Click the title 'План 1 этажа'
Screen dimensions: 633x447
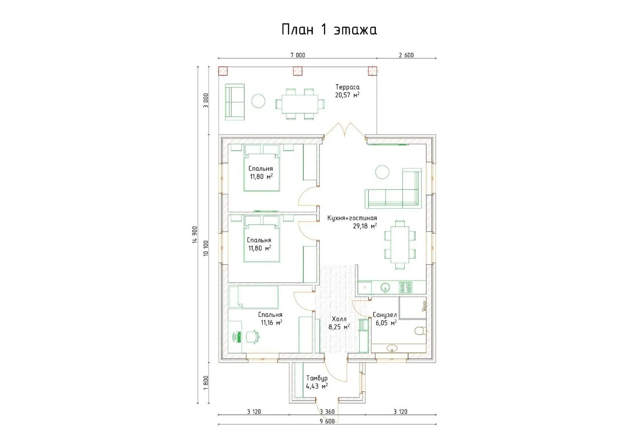[x=329, y=30]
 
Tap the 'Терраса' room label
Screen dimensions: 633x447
[x=347, y=87]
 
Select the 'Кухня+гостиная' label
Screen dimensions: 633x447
[x=352, y=218]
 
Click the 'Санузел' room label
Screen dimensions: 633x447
[x=384, y=315]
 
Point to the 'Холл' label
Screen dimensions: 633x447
[x=339, y=319]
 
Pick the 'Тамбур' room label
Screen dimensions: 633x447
[x=317, y=378]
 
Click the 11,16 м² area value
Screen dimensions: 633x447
[x=272, y=322]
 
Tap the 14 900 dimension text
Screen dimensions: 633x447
[x=195, y=235]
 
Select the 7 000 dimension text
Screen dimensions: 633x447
[x=298, y=55]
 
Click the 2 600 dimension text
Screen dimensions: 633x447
[x=406, y=55]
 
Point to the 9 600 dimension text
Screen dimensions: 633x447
[x=327, y=421]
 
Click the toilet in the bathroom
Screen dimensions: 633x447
[x=421, y=330]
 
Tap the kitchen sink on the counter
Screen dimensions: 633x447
[x=385, y=288]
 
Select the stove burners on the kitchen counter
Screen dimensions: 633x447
[x=406, y=287]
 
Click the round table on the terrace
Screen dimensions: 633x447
[x=258, y=101]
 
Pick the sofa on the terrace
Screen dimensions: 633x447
[x=234, y=102]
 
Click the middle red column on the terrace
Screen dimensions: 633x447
[x=297, y=71]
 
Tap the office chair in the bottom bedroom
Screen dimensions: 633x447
[x=253, y=336]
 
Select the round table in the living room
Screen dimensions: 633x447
[x=382, y=172]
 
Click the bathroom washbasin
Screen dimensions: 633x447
[x=391, y=348]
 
